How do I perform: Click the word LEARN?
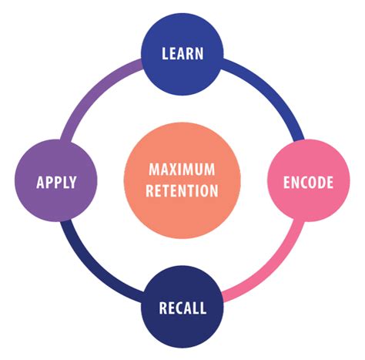click(x=182, y=54)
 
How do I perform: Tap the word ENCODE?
click(x=308, y=183)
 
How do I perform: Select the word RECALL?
click(x=182, y=309)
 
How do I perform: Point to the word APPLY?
click(x=56, y=183)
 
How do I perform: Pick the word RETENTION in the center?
click(x=182, y=190)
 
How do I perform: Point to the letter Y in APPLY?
click(x=73, y=183)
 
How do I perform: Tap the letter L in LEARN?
click(x=164, y=54)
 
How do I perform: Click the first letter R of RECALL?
click(x=162, y=309)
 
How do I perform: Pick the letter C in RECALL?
click(x=179, y=309)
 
